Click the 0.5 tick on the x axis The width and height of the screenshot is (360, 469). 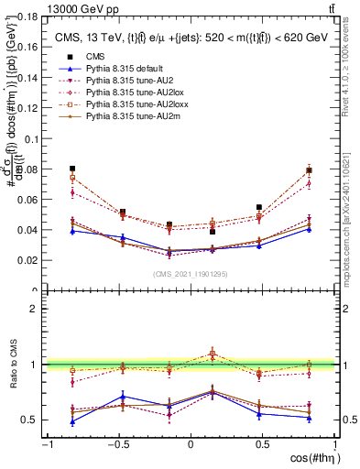coord(263,444)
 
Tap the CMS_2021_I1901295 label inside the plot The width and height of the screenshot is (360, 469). coord(191,274)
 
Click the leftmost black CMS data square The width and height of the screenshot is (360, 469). coord(72,169)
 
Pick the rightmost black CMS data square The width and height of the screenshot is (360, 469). coord(309,170)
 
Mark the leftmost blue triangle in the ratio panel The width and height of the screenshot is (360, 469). coord(72,421)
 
